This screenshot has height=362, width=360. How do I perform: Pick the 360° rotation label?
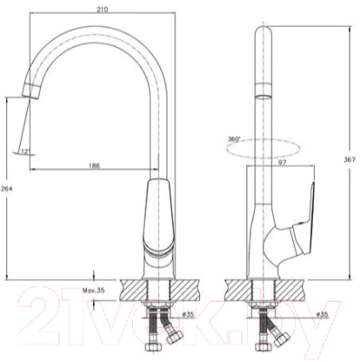(x=234, y=139)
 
